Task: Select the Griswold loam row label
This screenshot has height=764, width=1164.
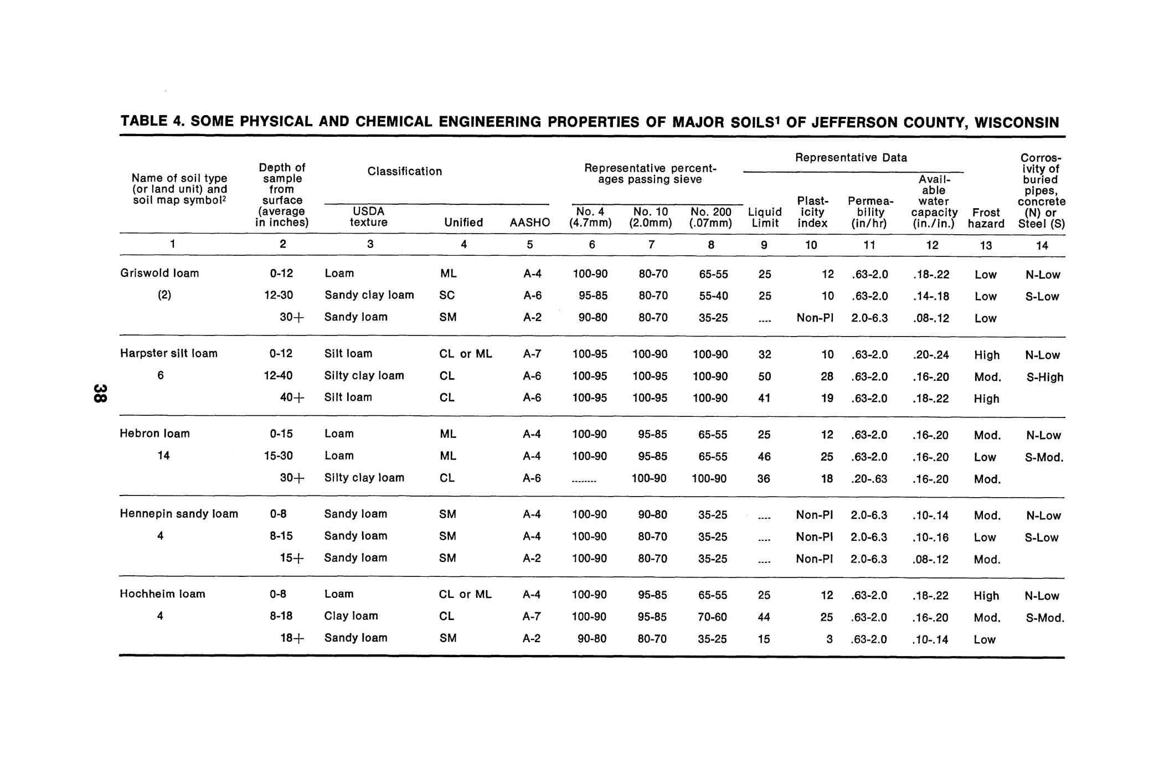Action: click(159, 273)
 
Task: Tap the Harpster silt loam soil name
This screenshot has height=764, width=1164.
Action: click(169, 354)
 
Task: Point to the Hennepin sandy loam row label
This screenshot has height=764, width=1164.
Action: click(179, 514)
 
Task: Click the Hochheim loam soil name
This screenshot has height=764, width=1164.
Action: click(162, 595)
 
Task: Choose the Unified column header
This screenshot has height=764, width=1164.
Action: click(463, 223)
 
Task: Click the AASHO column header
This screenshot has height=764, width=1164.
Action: click(530, 223)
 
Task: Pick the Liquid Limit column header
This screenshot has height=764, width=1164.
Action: click(765, 218)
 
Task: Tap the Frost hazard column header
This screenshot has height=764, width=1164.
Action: click(986, 218)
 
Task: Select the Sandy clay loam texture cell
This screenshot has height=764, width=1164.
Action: click(369, 295)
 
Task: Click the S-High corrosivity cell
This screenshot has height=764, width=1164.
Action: click(1045, 378)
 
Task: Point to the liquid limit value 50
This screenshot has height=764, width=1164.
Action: click(764, 376)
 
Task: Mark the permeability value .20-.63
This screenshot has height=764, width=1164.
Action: click(869, 479)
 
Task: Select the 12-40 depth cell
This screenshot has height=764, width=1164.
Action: click(278, 376)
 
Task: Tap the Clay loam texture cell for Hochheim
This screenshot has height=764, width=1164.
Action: click(351, 616)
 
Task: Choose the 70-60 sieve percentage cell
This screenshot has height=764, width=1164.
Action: click(713, 617)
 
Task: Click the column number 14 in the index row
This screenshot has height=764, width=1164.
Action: click(1042, 245)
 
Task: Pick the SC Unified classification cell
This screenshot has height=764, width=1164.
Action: click(447, 296)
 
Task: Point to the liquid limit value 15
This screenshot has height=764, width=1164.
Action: click(764, 639)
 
